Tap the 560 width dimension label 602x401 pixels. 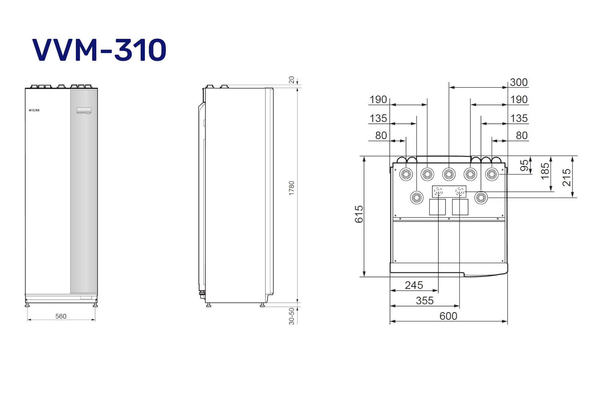click(x=61, y=316)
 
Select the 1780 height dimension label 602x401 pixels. click(x=292, y=188)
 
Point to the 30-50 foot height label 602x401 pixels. click(x=292, y=316)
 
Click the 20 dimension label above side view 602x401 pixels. click(x=292, y=80)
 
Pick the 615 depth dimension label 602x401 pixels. click(x=359, y=214)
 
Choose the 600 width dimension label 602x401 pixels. click(x=448, y=316)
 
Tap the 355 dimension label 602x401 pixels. click(x=425, y=301)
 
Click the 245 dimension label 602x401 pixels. click(x=414, y=285)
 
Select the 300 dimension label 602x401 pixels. click(x=519, y=82)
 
